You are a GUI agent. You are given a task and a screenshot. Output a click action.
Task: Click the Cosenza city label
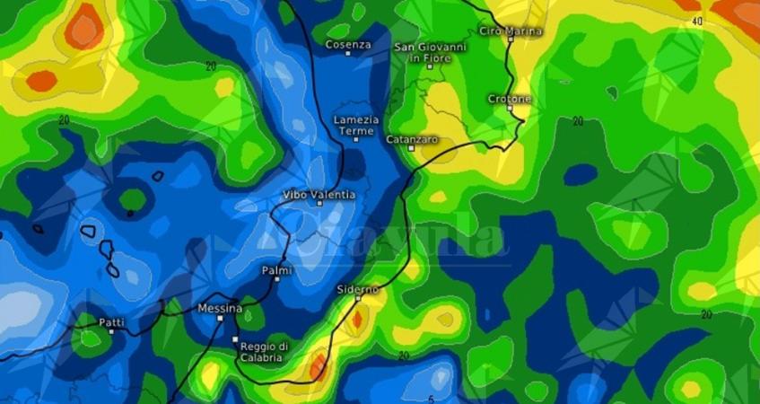(x=347, y=44)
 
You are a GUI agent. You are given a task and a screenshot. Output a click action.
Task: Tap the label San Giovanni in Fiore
(x=431, y=52)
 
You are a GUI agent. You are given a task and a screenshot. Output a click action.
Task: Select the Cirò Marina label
(x=511, y=31)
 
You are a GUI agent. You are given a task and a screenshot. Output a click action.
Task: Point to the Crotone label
(x=510, y=98)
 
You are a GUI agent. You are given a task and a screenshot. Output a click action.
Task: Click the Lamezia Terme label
(x=355, y=125)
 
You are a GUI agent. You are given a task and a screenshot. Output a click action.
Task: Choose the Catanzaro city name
(x=412, y=139)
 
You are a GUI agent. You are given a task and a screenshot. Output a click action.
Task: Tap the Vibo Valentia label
(x=319, y=195)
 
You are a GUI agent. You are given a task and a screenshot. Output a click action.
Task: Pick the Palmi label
(x=276, y=269)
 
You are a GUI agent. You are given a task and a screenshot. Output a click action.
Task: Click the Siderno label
(x=357, y=289)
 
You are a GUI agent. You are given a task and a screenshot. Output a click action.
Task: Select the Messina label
(x=220, y=308)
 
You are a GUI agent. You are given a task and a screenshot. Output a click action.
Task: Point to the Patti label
(x=112, y=321)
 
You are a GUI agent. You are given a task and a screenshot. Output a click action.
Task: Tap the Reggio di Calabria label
(x=263, y=351)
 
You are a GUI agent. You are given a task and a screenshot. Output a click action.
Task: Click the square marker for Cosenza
(x=348, y=54)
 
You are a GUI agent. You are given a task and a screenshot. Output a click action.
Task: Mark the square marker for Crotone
(x=510, y=108)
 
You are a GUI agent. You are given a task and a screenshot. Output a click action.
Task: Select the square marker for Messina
(x=220, y=318)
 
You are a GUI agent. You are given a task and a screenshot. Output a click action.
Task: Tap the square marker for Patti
(x=111, y=330)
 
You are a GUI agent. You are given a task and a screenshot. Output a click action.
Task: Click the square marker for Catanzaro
(x=412, y=148)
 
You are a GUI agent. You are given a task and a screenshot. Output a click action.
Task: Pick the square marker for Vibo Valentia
(x=319, y=204)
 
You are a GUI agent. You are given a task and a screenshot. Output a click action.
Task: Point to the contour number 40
(x=698, y=20)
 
